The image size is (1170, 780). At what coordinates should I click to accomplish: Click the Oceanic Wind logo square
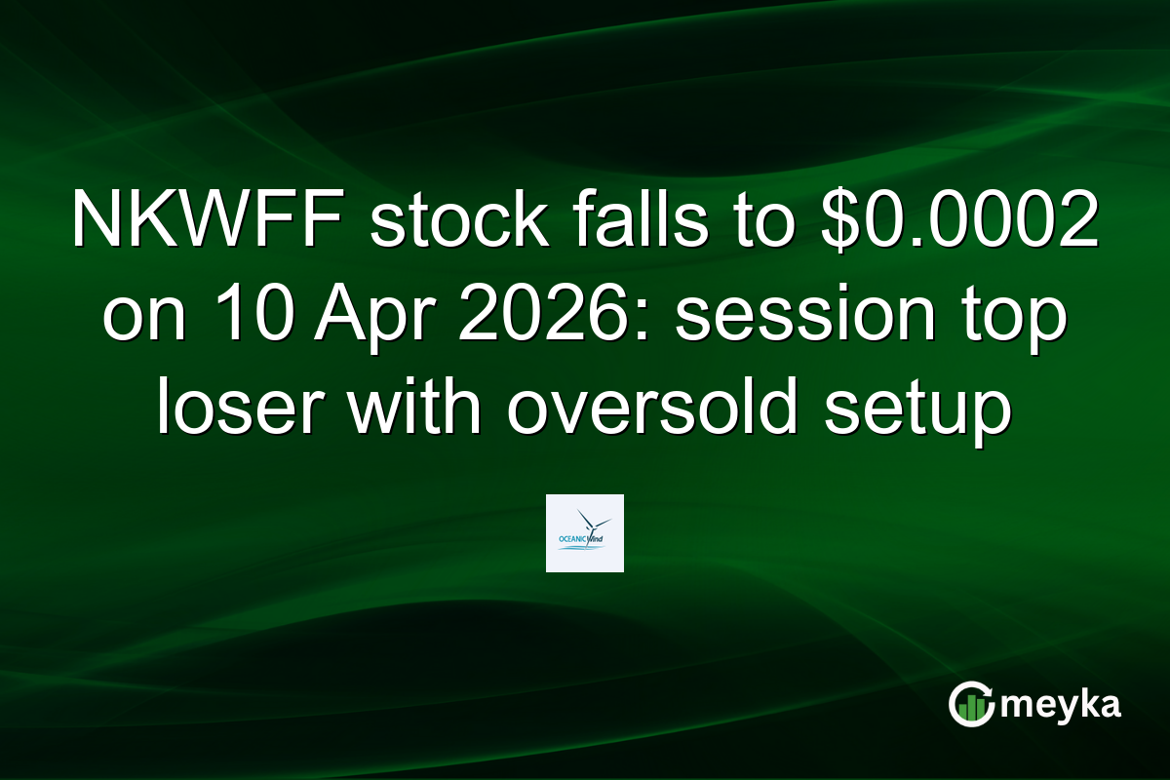click(584, 533)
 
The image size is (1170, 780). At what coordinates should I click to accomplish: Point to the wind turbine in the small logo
click(591, 522)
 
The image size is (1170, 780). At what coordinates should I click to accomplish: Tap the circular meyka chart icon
click(973, 704)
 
